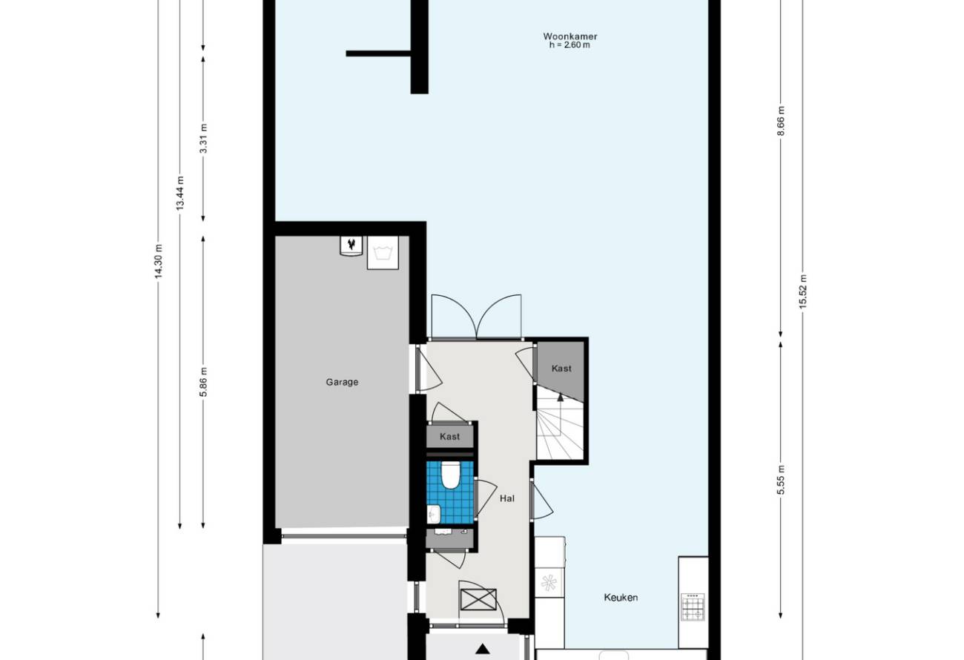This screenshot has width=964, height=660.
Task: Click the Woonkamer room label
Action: coord(570,36)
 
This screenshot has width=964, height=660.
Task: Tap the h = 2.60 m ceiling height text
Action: coord(570,44)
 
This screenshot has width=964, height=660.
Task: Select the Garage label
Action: coord(342,382)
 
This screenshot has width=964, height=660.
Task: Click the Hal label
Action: coord(507,498)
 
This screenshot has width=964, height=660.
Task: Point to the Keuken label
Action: coord(621,598)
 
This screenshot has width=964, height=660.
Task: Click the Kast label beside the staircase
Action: coord(561,369)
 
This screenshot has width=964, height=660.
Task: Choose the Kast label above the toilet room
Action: coord(449,437)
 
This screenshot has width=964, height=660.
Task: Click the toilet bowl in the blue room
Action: coord(451,475)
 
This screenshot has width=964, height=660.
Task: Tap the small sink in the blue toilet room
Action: coord(433,513)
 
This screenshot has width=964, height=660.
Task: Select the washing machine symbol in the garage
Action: coord(382,253)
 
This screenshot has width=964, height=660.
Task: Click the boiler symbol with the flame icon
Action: coord(351,246)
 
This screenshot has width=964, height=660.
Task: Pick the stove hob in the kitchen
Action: coord(693,607)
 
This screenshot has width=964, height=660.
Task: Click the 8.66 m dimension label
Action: coord(781,121)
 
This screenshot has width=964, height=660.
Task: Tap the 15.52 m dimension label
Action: coord(802,291)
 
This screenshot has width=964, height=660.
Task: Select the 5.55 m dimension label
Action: coord(781,480)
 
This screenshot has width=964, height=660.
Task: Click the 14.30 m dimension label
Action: coord(159,261)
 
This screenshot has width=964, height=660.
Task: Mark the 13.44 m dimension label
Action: coord(180,194)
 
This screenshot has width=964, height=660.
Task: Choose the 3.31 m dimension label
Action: coord(204,139)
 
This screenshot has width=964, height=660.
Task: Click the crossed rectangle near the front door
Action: coord(478,599)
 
